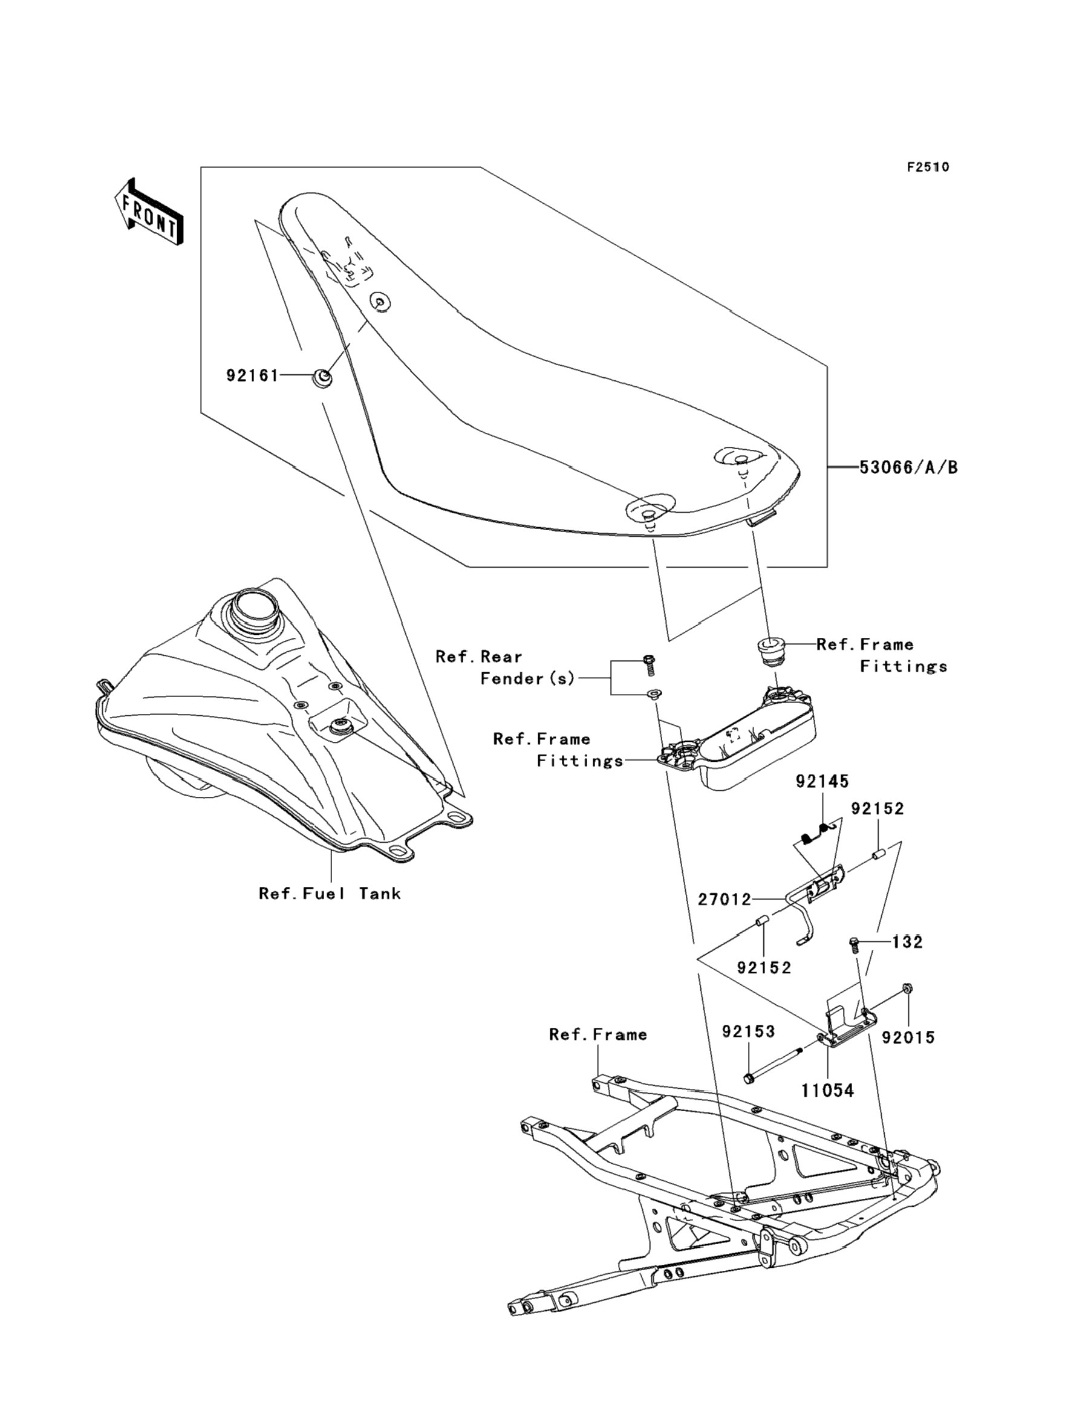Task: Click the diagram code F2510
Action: click(928, 167)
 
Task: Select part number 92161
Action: click(252, 375)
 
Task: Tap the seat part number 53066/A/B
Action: click(908, 467)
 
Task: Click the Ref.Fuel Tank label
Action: click(330, 894)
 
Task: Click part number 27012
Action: click(724, 900)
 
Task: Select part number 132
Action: click(907, 942)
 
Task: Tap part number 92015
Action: click(908, 1038)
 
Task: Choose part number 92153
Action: click(749, 1031)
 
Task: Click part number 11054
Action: click(827, 1091)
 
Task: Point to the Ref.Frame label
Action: click(598, 1034)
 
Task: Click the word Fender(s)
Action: click(527, 679)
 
